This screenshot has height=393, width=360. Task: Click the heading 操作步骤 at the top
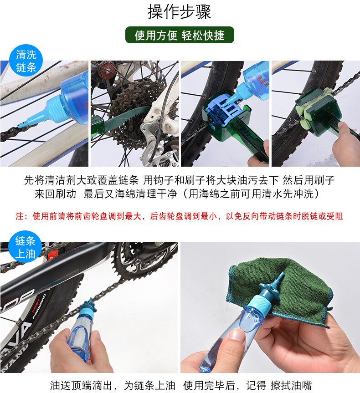179,11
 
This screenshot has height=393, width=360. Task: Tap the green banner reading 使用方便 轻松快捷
180,35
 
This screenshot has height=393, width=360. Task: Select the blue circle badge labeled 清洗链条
26,61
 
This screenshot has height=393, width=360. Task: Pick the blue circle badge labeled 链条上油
25,247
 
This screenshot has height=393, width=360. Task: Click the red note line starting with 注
179,216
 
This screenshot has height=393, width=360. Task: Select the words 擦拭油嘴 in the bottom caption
291,385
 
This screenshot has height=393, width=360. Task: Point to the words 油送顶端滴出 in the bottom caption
81,385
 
